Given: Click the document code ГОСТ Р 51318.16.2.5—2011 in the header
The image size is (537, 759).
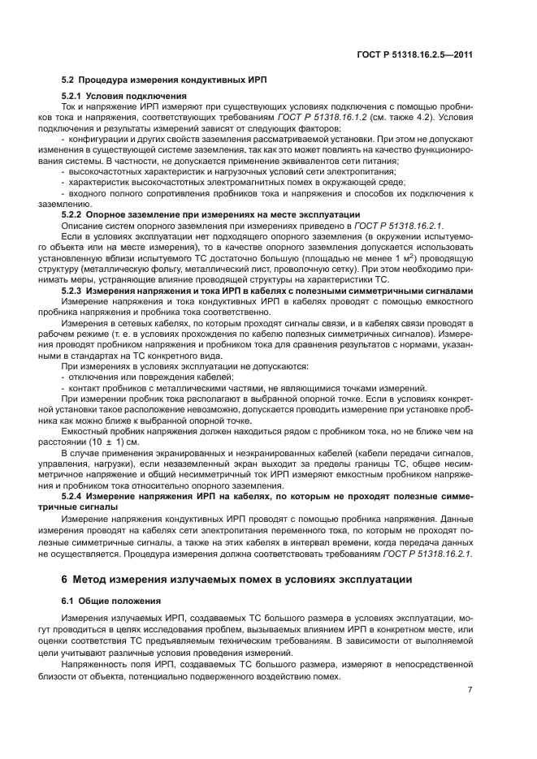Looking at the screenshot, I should point(415,55).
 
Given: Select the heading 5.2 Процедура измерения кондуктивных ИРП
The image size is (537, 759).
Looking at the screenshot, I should point(166,79).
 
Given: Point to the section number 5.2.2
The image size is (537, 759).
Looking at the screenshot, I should point(76,214).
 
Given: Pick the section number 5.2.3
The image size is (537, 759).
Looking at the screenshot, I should point(76,290).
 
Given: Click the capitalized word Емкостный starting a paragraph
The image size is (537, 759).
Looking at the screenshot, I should point(84,431).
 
